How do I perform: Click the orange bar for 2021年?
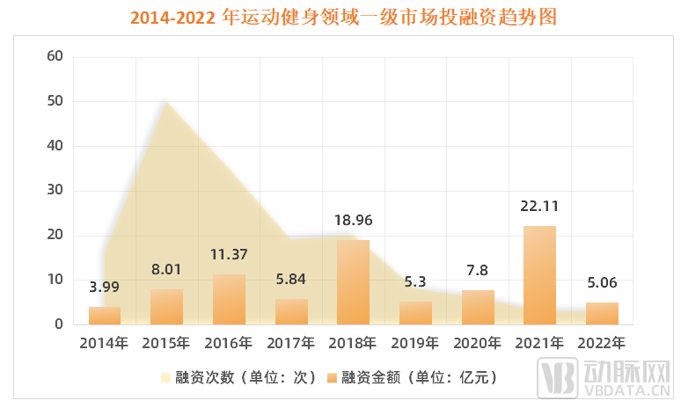coord(539,275)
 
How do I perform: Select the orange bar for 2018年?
coord(353,282)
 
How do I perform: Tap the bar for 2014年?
coord(105,316)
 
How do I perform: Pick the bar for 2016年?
coord(229,299)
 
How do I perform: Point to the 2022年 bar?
coord(602,313)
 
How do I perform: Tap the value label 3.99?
coord(105,287)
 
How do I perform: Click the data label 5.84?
coord(291,279)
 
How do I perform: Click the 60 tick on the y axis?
coord(55,56)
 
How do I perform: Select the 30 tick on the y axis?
coord(55,191)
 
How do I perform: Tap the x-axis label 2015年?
coord(166,342)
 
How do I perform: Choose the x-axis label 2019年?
coord(415,342)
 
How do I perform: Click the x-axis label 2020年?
coord(478,342)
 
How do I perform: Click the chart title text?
coord(340,18)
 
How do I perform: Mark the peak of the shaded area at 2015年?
coord(166,101)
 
